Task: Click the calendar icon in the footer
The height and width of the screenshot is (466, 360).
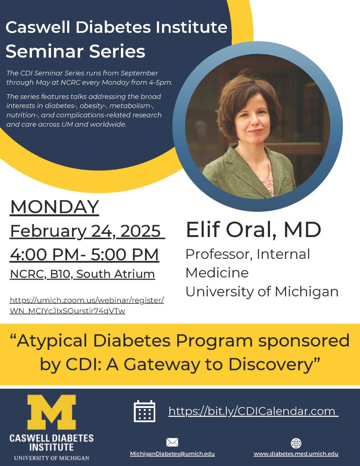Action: (x=144, y=411)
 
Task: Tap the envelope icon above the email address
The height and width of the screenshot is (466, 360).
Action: (x=172, y=442)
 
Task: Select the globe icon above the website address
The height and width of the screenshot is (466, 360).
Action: (x=296, y=443)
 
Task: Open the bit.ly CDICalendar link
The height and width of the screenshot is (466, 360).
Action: (x=252, y=411)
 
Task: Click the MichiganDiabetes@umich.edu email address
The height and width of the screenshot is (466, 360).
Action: (x=172, y=454)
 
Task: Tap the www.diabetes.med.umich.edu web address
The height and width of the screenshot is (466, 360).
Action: (x=296, y=454)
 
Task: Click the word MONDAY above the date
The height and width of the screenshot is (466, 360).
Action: (x=54, y=206)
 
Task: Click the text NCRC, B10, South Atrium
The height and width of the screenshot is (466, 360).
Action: (x=83, y=274)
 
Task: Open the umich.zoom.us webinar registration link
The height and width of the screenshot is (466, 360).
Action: (x=87, y=305)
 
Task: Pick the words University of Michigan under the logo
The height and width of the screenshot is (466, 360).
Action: (x=51, y=458)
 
